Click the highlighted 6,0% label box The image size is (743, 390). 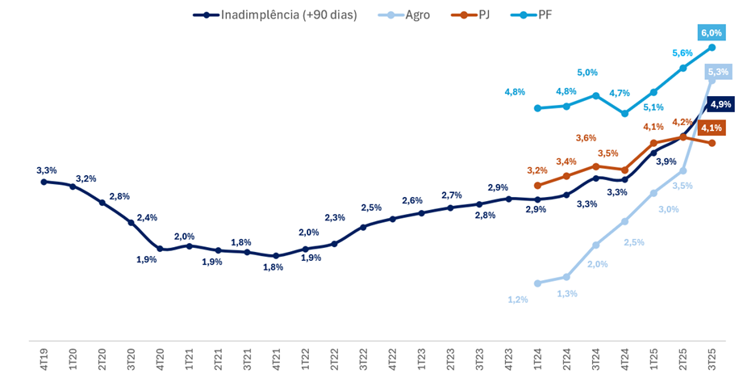(712, 32)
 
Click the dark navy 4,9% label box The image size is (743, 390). (720, 104)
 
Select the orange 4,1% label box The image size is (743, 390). (711, 128)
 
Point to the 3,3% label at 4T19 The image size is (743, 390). (47, 170)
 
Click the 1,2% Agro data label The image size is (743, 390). (517, 300)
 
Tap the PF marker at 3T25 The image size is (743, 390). (712, 48)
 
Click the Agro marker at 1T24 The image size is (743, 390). (537, 283)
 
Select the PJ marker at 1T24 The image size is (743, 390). (537, 185)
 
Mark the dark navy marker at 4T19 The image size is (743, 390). (44, 182)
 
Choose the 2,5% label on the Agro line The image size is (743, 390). (634, 242)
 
